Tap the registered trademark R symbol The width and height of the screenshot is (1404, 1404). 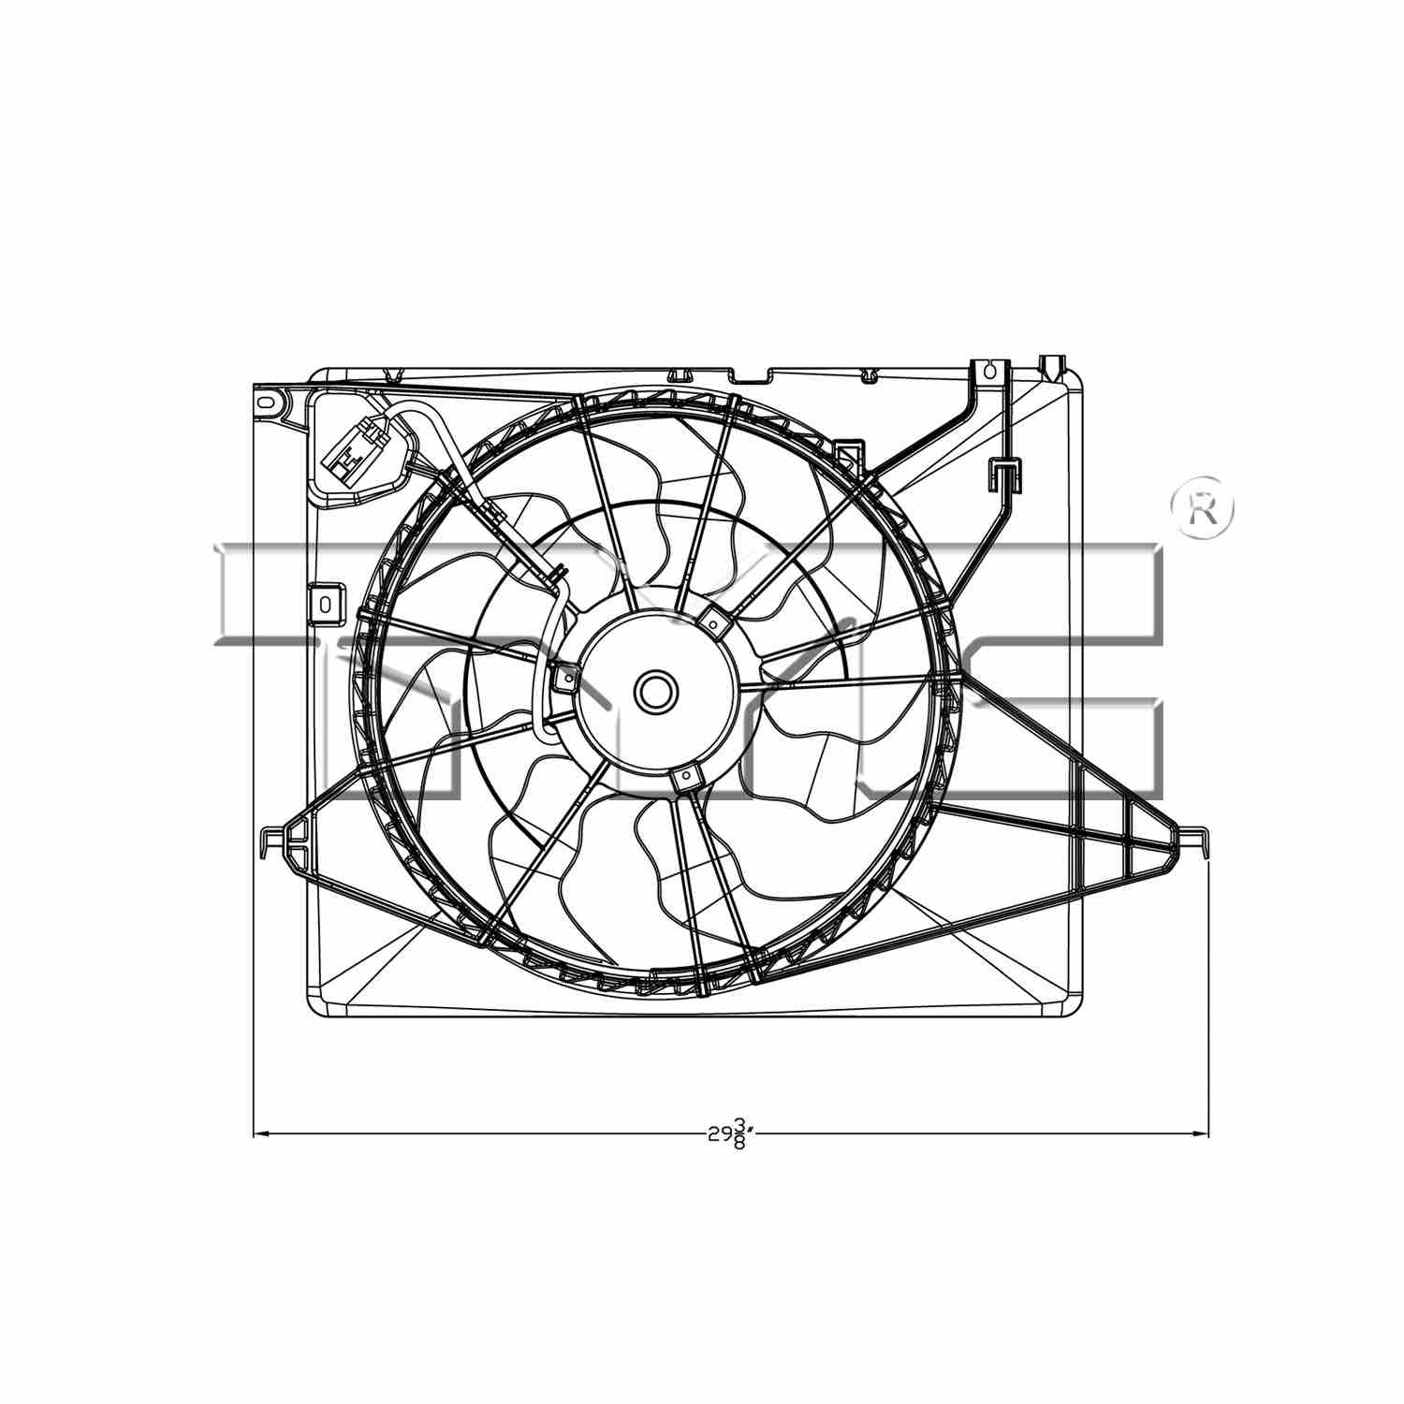[x=1203, y=511]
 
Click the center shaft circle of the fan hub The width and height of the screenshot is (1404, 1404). [x=653, y=692]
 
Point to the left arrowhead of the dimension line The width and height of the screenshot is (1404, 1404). [x=261, y=1134]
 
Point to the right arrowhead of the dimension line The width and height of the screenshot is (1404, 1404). [x=1202, y=1134]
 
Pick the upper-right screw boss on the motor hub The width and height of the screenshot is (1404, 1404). [x=712, y=622]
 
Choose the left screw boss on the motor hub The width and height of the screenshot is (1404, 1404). [x=565, y=676]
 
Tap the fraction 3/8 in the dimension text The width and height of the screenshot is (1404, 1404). [x=739, y=1133]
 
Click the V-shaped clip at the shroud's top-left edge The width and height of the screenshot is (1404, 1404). [x=393, y=376]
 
